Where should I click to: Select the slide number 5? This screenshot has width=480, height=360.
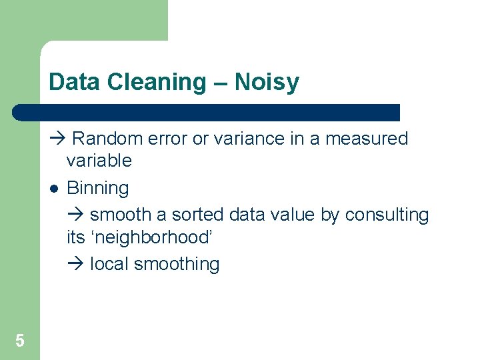click(20, 341)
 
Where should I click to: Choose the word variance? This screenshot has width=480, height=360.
click(244, 139)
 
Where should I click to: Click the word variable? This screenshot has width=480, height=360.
click(99, 161)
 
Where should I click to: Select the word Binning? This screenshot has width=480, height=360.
click(98, 189)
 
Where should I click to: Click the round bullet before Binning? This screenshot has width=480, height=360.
click(54, 189)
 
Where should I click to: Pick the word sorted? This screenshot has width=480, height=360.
click(198, 215)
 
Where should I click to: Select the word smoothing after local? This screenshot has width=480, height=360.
click(177, 265)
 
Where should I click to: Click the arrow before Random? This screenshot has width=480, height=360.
click(55, 139)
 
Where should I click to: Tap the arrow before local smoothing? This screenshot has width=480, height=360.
click(74, 264)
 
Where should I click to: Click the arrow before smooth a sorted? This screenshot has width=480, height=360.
click(74, 215)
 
